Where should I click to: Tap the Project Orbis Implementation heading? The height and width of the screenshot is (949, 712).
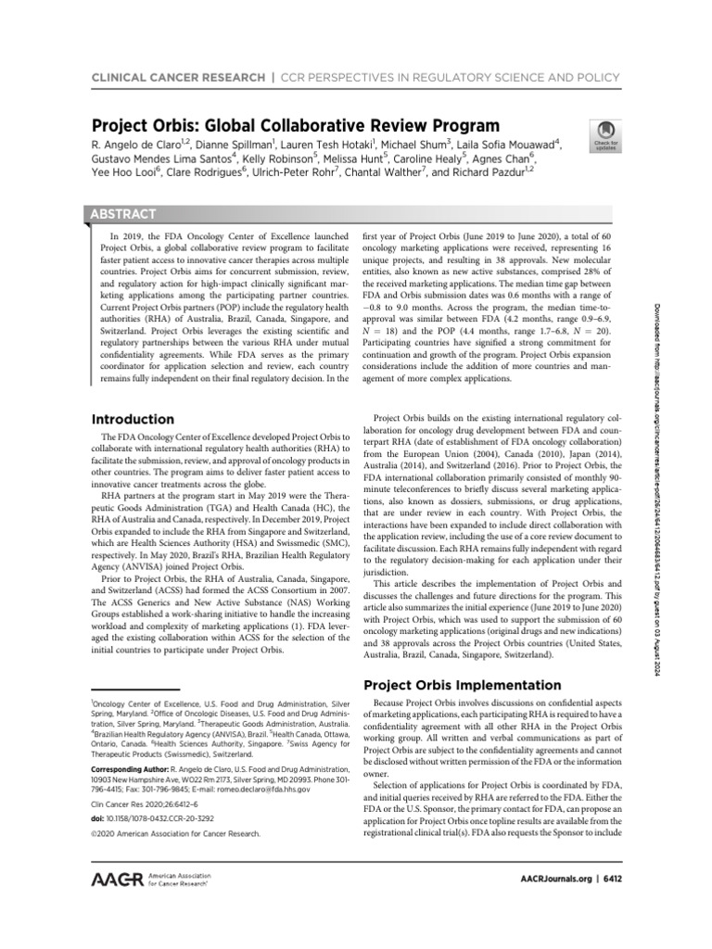(x=461, y=685)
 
